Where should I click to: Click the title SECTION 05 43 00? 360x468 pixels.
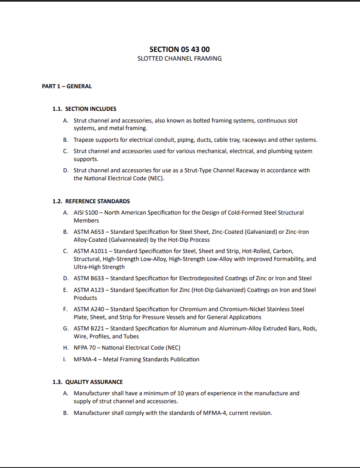[180, 49]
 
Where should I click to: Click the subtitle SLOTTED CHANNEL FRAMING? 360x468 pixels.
[180, 59]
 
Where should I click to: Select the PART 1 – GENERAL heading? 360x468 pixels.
[67, 86]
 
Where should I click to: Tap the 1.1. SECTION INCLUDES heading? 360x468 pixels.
[84, 109]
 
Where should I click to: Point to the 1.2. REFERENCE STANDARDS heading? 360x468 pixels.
[91, 201]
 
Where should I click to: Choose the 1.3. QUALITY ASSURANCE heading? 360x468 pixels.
[87, 382]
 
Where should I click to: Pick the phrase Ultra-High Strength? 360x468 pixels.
[99, 267]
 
